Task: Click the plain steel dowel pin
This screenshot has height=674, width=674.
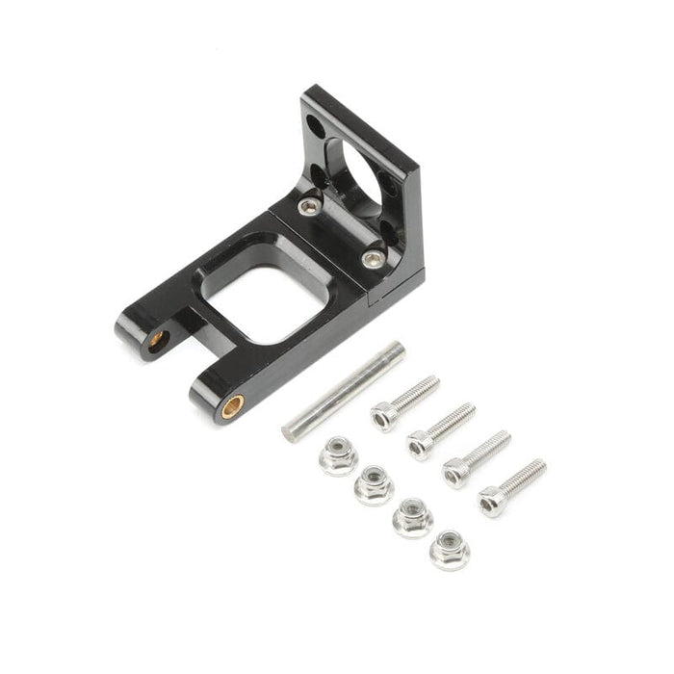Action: point(343,390)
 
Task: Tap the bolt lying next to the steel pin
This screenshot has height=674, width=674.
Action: point(404,402)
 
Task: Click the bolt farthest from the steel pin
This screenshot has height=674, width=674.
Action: point(511,487)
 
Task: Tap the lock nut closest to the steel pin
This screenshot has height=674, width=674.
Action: point(338,454)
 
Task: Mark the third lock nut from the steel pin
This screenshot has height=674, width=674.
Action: point(412,517)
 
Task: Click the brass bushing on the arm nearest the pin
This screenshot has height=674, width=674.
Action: point(232,406)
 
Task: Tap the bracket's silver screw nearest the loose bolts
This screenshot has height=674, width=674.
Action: point(373,258)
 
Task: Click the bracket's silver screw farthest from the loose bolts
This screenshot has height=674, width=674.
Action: point(308,205)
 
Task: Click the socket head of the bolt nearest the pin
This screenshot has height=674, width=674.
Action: point(383,416)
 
